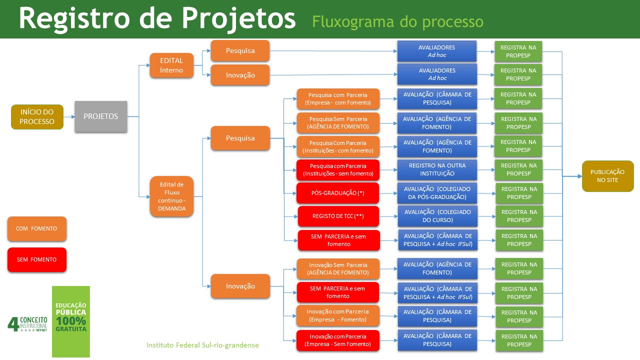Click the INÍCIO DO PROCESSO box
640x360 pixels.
[x=37, y=117]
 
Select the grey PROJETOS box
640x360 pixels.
[x=101, y=116]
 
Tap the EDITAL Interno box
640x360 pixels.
[x=171, y=65]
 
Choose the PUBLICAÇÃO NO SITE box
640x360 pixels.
[x=607, y=176]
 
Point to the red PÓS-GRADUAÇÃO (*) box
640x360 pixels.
[x=338, y=193]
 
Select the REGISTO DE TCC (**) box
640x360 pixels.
[x=338, y=216]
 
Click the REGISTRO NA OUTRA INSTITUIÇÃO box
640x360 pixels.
[x=437, y=169]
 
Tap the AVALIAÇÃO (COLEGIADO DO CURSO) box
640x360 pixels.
[x=437, y=216]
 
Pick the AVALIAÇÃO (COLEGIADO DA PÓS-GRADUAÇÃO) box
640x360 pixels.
[x=437, y=193]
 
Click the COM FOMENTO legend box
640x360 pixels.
[x=36, y=228]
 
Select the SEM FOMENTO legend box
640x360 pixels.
[x=36, y=259]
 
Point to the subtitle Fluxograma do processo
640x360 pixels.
[x=397, y=22]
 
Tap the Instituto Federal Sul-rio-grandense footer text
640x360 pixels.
[x=202, y=345]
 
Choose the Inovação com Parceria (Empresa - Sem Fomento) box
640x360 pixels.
[x=338, y=340]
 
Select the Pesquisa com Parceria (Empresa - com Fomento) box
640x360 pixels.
[x=338, y=98]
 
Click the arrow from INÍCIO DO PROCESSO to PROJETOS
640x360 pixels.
[x=69, y=117]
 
